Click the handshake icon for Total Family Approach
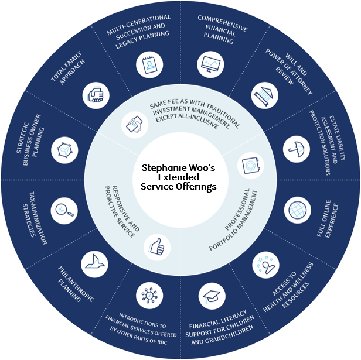pyautogui.click(x=97, y=94)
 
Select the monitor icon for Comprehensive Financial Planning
pyautogui.click(x=211, y=64)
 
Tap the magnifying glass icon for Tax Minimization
pyautogui.click(x=63, y=209)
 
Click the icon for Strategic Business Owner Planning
pyautogui.click(x=64, y=149)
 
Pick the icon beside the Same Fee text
pyautogui.click(x=132, y=124)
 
